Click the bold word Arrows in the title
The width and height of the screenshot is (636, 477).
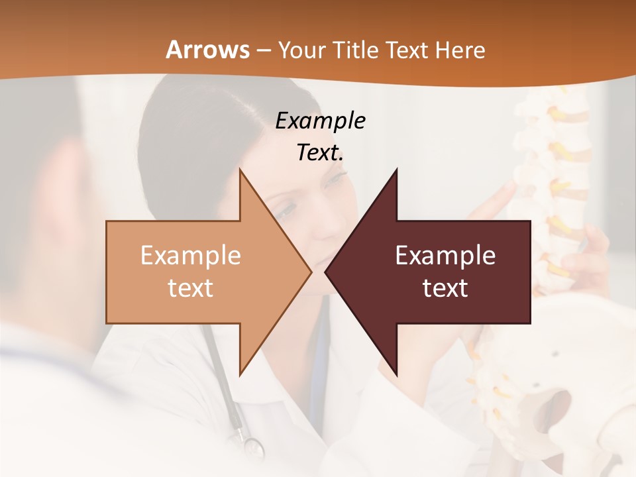(207, 50)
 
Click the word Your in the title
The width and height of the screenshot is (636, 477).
(301, 50)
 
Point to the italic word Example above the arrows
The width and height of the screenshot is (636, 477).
(320, 121)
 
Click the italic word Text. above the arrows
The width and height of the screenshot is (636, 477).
(320, 153)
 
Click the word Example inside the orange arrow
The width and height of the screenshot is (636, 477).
(191, 256)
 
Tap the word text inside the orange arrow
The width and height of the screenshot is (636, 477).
(191, 288)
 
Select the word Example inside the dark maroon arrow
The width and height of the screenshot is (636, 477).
(445, 256)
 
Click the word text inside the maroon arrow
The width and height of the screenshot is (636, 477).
(445, 288)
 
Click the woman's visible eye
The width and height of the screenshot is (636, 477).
(286, 211)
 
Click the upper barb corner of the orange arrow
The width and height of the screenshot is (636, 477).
(240, 170)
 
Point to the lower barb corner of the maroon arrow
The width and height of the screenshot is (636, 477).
(396, 375)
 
